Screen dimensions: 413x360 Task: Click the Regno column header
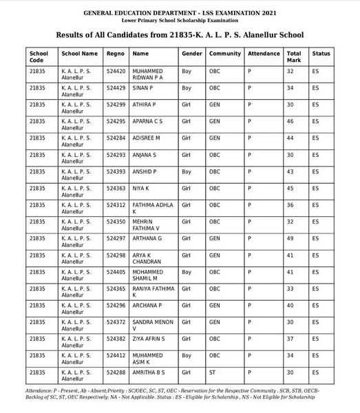pos(116,53)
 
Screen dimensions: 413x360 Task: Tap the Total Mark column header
pos(294,56)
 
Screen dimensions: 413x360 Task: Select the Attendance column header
pos(264,53)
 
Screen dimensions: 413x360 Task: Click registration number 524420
pos(116,71)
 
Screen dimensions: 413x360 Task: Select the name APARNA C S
pos(147,121)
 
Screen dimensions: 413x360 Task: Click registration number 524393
pos(116,171)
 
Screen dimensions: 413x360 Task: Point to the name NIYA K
pos(140,188)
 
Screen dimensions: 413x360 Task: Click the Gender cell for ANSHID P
pos(186,171)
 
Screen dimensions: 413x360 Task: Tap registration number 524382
pos(116,339)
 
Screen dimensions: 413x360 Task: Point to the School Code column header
pos(39,56)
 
